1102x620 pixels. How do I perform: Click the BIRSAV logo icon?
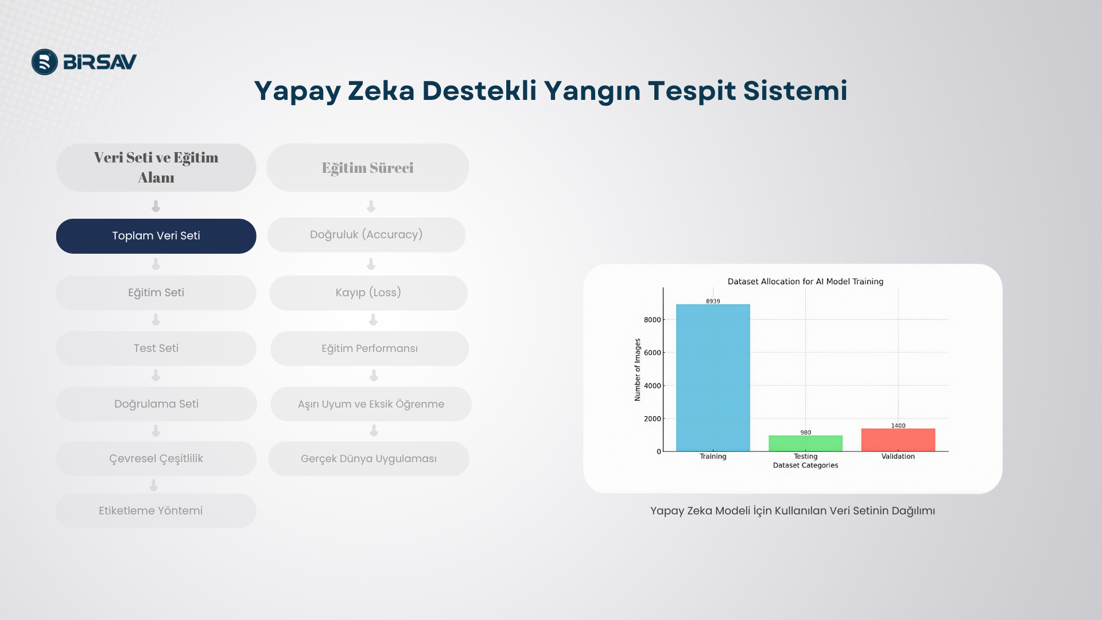click(45, 62)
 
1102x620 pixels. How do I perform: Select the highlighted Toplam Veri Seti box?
click(156, 236)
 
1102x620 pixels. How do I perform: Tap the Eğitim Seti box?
click(156, 293)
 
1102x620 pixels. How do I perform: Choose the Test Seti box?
click(156, 348)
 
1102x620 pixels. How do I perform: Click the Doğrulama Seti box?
click(156, 404)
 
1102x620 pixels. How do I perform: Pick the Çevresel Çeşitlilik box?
click(156, 459)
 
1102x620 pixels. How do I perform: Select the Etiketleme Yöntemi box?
click(156, 511)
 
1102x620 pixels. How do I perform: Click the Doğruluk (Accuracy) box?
click(366, 235)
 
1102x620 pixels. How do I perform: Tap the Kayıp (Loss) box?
click(368, 293)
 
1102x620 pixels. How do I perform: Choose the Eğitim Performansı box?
click(370, 348)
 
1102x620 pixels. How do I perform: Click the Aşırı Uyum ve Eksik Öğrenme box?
click(371, 404)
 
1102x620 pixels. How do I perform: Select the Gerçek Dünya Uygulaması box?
click(368, 459)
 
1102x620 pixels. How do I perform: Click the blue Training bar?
click(713, 378)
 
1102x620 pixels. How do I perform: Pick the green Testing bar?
click(806, 443)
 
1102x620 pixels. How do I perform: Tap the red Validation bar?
click(898, 440)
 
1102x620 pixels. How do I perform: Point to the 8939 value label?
click(713, 301)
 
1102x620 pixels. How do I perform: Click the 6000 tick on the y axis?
click(653, 352)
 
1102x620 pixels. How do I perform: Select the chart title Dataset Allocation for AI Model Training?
click(805, 281)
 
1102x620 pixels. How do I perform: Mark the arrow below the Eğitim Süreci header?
click(371, 206)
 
